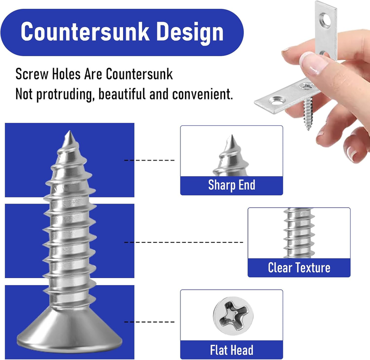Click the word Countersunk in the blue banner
[85, 31]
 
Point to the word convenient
[203, 94]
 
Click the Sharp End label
[232, 185]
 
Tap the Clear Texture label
[299, 267]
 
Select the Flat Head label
[232, 350]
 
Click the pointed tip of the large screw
[69, 131]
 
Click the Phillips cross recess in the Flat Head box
[233, 316]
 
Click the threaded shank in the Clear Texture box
[299, 233]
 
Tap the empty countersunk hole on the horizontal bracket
[277, 101]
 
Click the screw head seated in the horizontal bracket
[307, 85]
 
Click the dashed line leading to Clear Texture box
[184, 242]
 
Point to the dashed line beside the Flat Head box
[149, 322]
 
